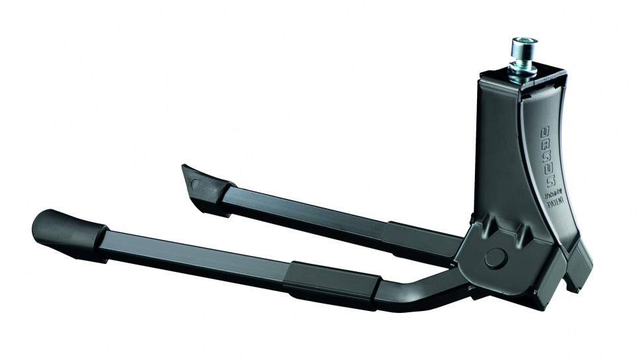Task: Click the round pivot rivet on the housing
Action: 493,257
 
